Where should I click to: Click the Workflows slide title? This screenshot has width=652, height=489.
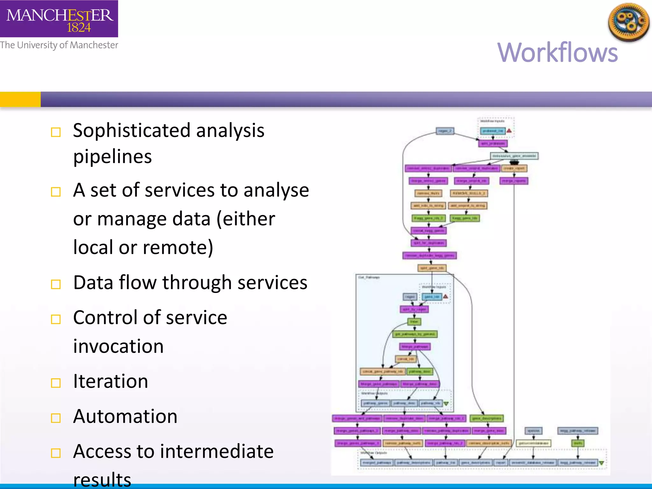coord(557,53)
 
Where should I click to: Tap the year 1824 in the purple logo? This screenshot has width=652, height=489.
coord(79,28)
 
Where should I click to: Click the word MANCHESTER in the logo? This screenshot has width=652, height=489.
coord(60,15)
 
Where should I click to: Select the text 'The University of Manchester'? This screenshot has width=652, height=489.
coord(59,45)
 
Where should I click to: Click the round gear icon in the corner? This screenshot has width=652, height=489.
coord(628,22)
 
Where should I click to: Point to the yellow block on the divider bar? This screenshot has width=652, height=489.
coord(20,99)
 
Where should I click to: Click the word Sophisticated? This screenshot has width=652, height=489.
coord(131,131)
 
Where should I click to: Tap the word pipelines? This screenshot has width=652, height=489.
coord(112,157)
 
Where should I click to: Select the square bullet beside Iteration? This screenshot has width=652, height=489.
coord(56,383)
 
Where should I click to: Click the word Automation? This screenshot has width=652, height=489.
coord(125,416)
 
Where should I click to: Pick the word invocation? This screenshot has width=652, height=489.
coord(118,346)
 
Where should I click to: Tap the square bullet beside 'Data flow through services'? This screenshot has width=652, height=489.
coord(56,284)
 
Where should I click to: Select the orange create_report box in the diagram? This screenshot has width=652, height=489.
coord(514,168)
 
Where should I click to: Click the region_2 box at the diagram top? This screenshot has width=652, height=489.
coord(445,131)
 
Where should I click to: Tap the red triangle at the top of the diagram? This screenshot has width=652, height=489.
coord(509,131)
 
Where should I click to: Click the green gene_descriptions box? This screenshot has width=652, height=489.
coord(487,418)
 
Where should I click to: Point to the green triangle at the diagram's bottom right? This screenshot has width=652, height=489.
coord(601,463)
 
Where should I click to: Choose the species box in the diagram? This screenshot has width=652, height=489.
coord(534,431)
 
